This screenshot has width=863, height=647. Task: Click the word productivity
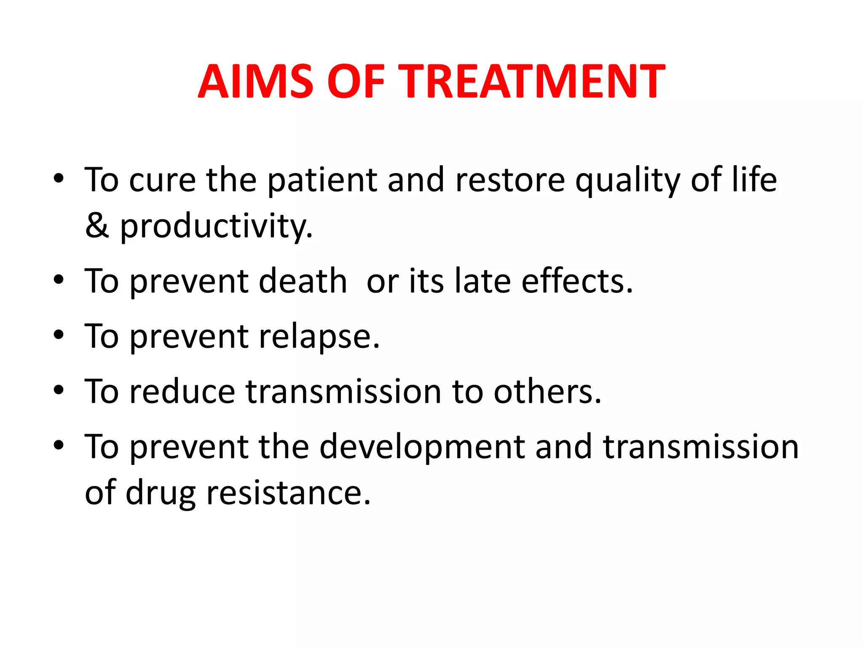click(x=216, y=227)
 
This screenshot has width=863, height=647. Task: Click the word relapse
click(x=319, y=337)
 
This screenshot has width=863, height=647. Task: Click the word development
click(x=422, y=447)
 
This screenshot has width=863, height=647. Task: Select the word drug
click(x=161, y=494)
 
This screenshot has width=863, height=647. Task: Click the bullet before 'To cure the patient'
click(x=59, y=179)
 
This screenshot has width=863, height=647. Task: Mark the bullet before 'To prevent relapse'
click(x=59, y=335)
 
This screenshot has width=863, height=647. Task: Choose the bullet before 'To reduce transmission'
click(x=59, y=390)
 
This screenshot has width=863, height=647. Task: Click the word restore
click(x=510, y=180)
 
